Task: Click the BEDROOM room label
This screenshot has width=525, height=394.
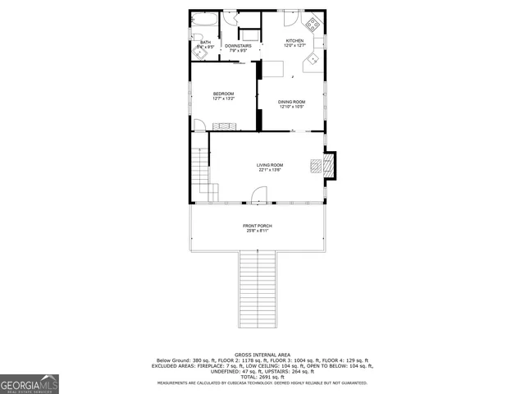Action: [223, 94]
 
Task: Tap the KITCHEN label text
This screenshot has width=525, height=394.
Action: [294, 40]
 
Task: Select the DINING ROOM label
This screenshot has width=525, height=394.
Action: [291, 102]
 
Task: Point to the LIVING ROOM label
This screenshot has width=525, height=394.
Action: [269, 165]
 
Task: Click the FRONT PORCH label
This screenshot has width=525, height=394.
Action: [257, 226]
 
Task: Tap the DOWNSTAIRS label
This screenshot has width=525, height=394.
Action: [237, 45]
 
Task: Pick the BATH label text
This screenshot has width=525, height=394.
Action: [205, 42]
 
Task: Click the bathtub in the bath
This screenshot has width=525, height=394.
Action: [204, 20]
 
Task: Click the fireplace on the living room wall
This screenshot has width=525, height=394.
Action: [327, 166]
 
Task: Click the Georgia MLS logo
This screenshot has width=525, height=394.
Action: [30, 383]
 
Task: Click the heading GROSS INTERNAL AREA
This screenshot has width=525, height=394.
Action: [262, 354]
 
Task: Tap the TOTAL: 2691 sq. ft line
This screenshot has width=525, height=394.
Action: [262, 377]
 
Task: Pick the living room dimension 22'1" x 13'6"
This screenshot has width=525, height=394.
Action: [269, 170]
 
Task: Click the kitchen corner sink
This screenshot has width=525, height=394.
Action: [313, 62]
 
